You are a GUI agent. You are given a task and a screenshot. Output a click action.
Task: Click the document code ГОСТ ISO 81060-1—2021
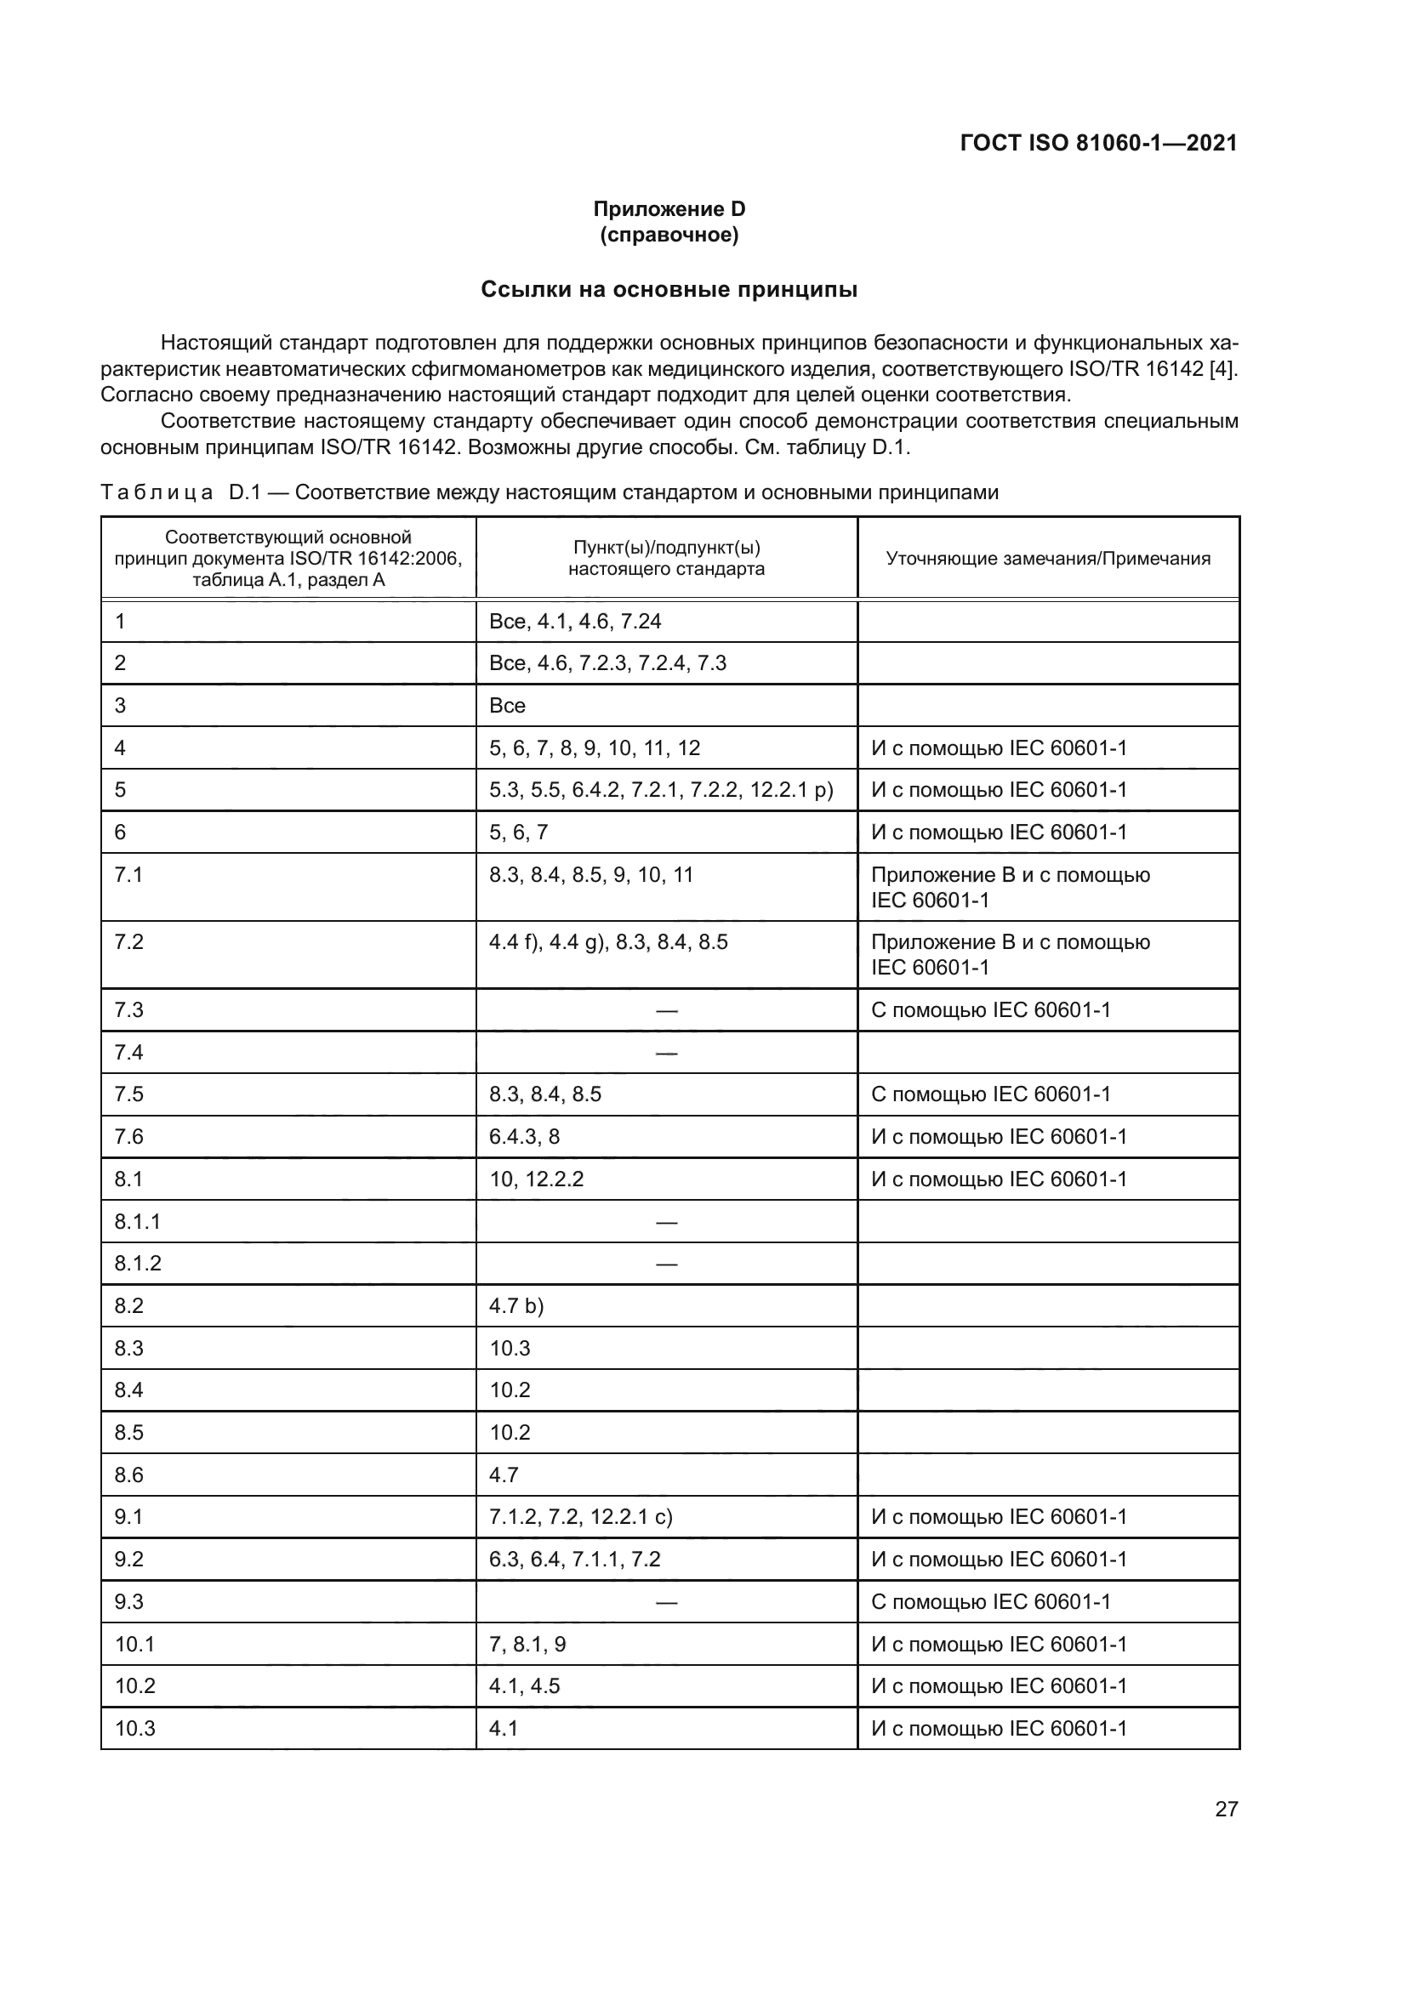[1097, 143]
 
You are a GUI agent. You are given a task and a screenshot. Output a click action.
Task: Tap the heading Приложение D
[668, 209]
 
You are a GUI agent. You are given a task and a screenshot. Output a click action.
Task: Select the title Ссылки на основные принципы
[668, 289]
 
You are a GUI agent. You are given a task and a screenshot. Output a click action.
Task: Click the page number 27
[1226, 1809]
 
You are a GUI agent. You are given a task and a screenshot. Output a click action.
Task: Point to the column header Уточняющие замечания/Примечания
[1047, 558]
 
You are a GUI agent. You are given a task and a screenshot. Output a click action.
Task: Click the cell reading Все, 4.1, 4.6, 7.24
[575, 621]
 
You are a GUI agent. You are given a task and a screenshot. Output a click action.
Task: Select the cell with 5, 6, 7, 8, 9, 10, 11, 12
[595, 747]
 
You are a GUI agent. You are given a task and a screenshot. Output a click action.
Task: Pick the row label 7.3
[129, 1009]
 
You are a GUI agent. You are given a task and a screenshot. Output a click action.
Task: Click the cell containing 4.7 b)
[516, 1305]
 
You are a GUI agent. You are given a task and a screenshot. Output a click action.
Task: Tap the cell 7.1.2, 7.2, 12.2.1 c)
[580, 1517]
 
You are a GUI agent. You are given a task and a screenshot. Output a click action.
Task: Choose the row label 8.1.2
[138, 1263]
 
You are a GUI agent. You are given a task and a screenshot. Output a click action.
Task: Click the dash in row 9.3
[666, 1602]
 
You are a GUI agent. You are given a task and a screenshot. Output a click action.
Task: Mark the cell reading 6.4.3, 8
[524, 1136]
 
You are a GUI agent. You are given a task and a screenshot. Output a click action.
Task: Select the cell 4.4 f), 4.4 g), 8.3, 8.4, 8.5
[608, 941]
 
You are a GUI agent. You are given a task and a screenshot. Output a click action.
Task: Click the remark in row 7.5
[990, 1094]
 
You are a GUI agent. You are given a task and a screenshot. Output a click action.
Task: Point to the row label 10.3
[134, 1728]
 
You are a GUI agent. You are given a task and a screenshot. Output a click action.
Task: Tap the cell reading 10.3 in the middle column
[510, 1348]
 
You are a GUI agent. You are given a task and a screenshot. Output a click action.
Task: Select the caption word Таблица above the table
[157, 493]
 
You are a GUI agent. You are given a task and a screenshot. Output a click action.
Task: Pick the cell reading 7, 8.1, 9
[527, 1645]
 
